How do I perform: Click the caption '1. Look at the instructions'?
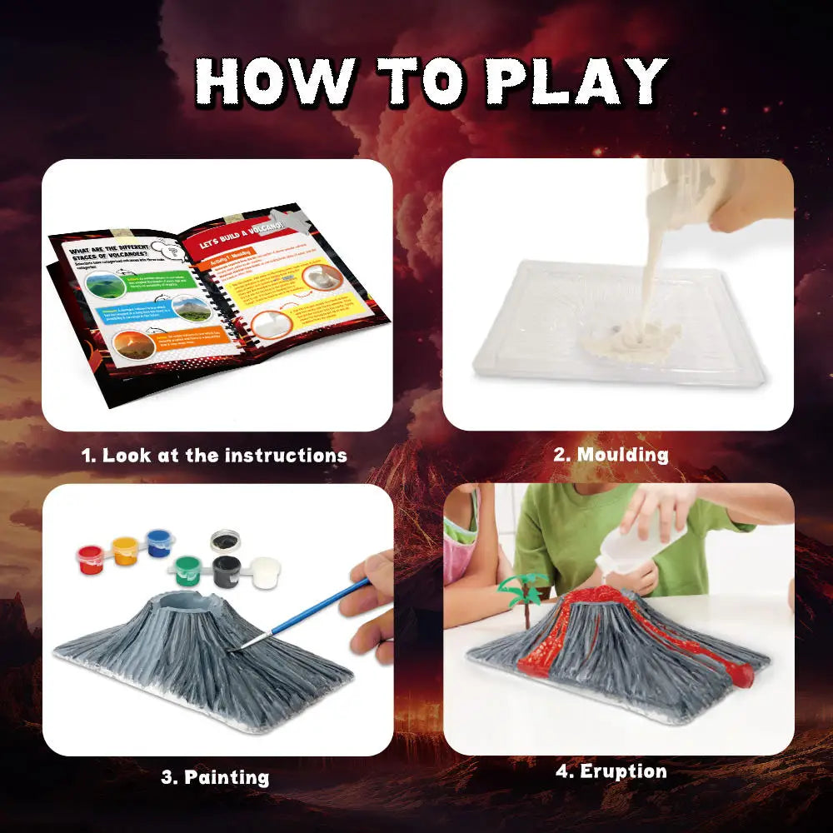click(214, 456)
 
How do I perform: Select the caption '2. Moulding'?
click(611, 455)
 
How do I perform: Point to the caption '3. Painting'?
click(215, 778)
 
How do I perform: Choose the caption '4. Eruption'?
click(611, 771)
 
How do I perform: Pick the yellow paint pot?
click(124, 551)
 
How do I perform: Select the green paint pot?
click(189, 570)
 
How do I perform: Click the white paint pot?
click(265, 571)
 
